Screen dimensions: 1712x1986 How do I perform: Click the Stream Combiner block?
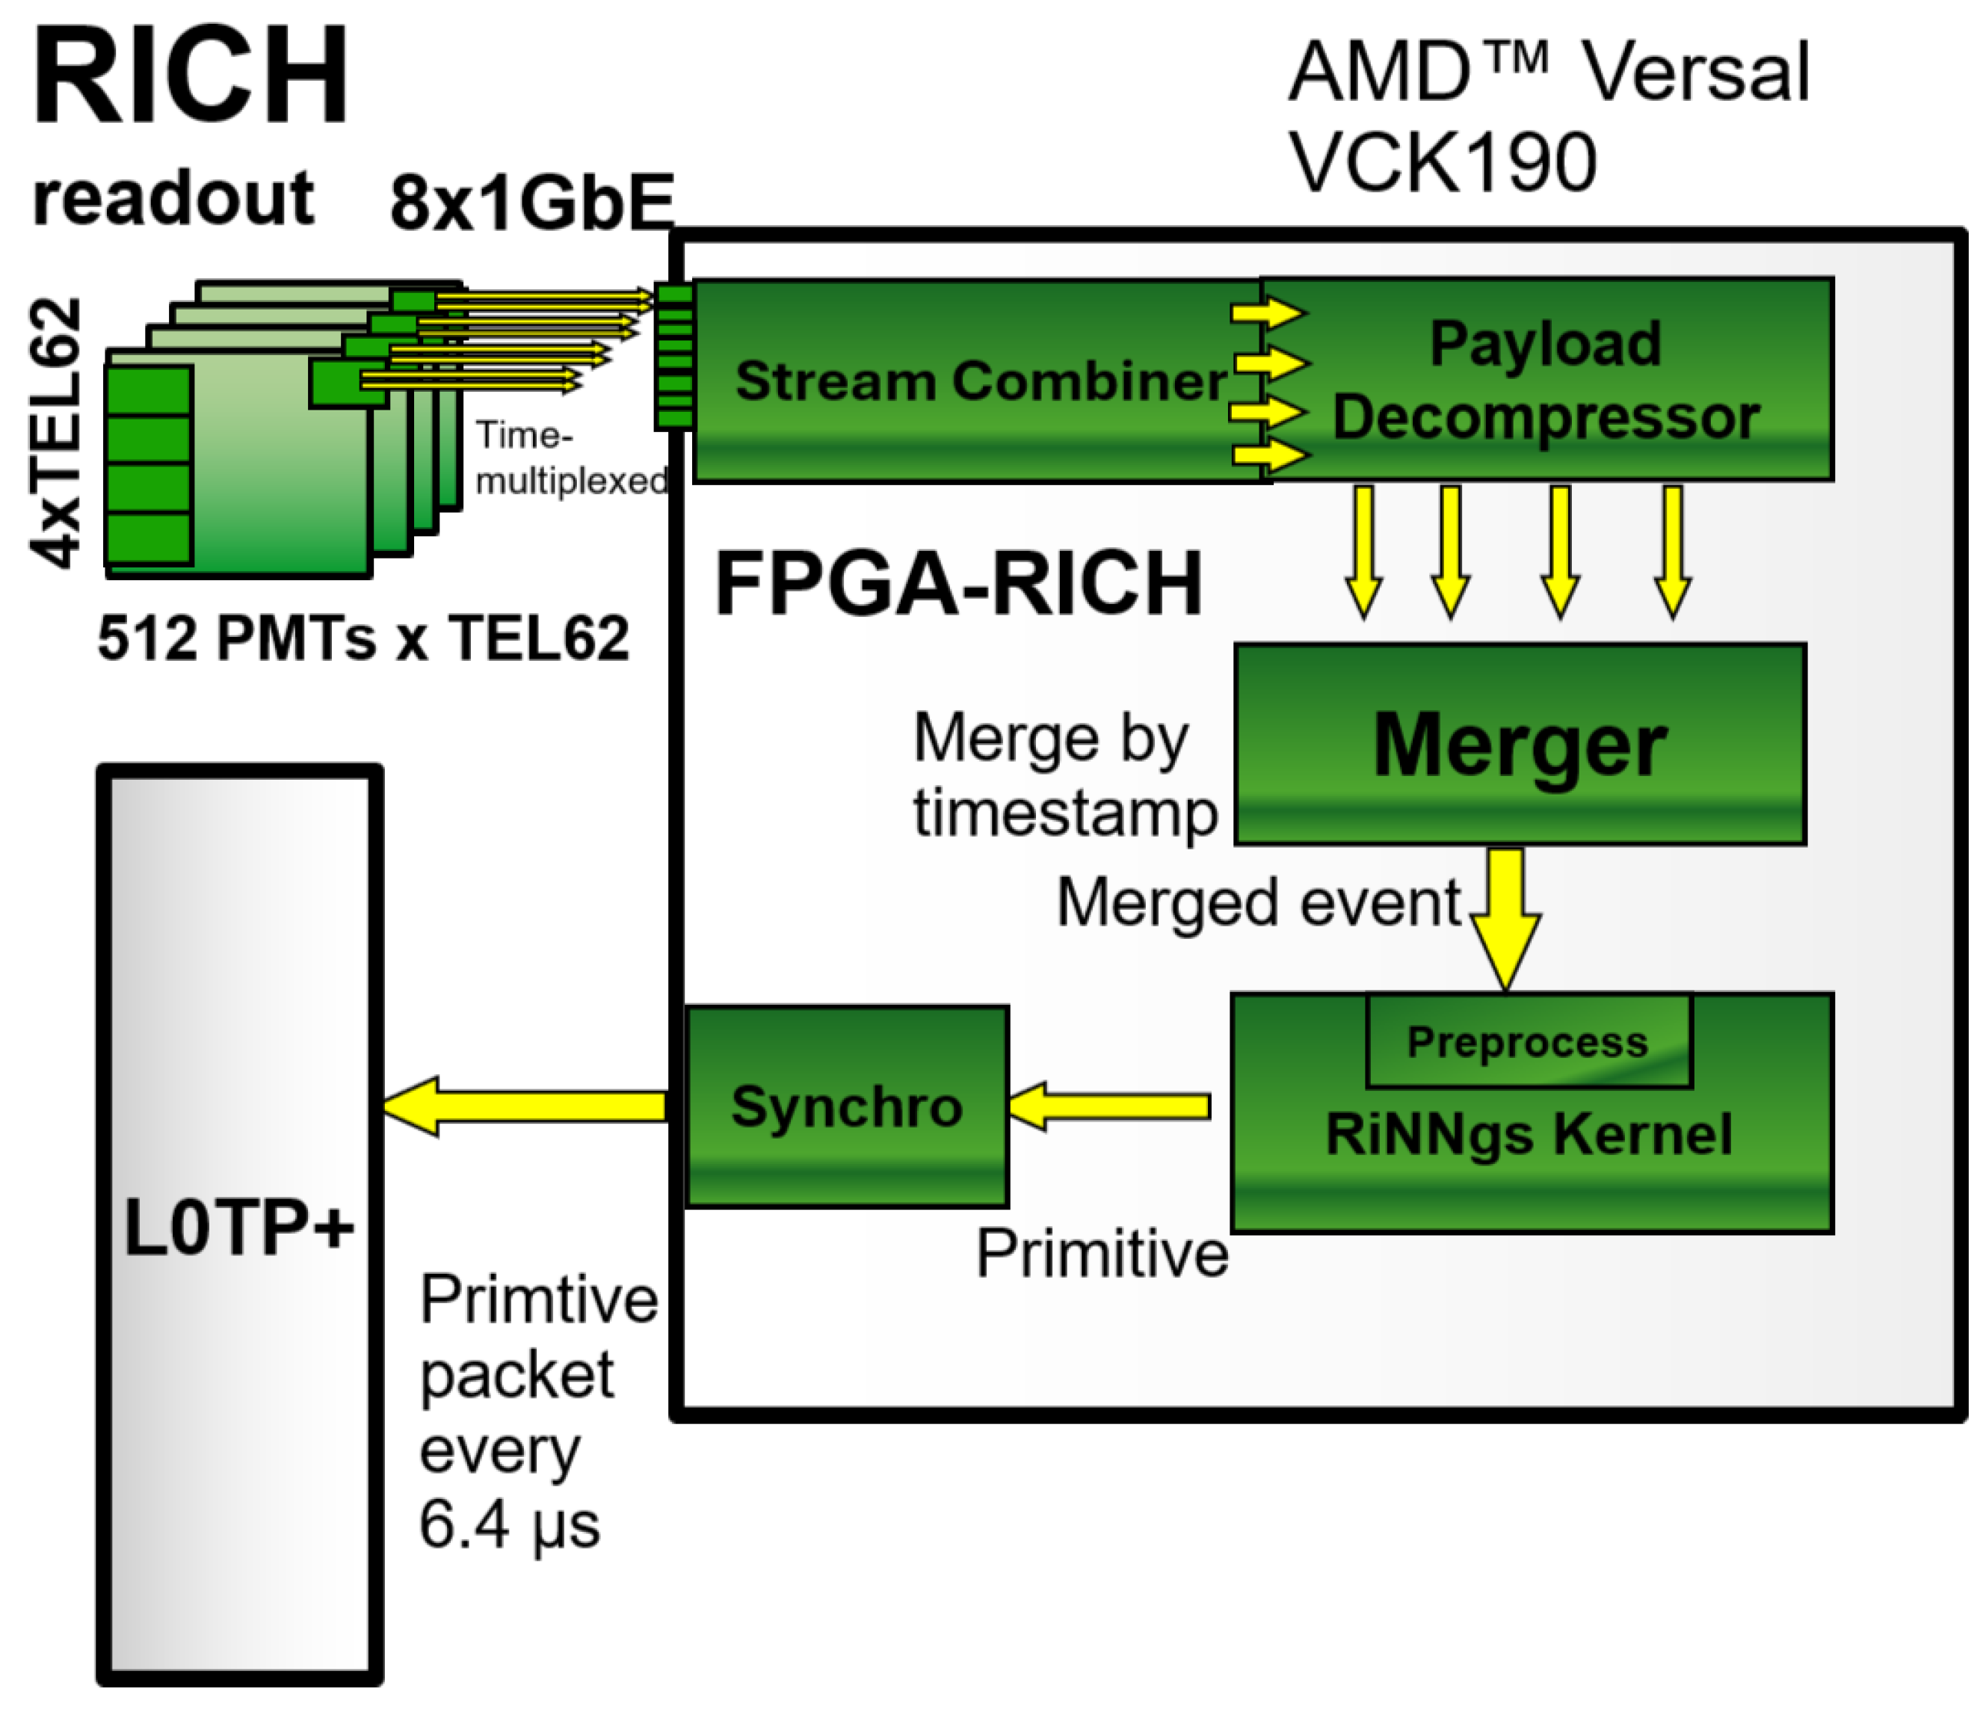tap(978, 381)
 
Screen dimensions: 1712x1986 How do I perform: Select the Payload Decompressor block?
tap(1545, 381)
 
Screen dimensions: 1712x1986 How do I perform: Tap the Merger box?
tap(1520, 745)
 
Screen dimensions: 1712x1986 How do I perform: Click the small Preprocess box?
tap(1528, 1042)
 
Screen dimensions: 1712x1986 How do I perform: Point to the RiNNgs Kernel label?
tap(1529, 1135)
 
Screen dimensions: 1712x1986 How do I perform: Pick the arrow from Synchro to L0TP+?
tap(525, 1106)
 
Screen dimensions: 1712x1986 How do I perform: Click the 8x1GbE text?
tap(532, 203)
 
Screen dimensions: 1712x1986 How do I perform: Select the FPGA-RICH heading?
tap(958, 583)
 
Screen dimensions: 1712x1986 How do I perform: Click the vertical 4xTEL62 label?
tap(55, 434)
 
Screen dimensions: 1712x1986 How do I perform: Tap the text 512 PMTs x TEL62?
tap(363, 638)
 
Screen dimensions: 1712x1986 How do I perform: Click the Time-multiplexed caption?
tap(570, 458)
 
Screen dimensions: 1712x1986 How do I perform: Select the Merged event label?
tap(1257, 903)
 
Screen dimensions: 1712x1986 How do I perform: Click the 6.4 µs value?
tap(509, 1524)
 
